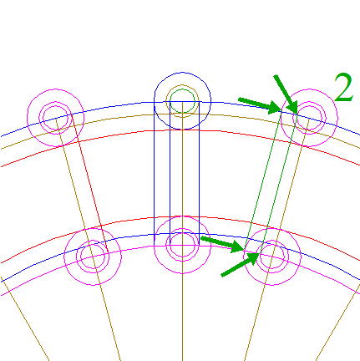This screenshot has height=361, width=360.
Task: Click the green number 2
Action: pos(343,87)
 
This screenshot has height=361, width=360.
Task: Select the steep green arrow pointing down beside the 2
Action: pos(286,94)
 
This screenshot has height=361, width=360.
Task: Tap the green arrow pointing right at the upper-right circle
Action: pos(260,106)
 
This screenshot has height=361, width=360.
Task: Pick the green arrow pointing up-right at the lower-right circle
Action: pos(241,264)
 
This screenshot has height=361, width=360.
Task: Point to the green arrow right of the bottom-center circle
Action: pos(223,244)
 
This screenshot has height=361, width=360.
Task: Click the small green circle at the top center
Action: pos(182,101)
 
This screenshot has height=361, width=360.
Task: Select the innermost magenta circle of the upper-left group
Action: pos(56,118)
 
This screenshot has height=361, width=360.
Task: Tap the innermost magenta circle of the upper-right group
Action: pos(309,118)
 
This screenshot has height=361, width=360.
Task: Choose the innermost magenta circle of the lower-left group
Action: pos(93,257)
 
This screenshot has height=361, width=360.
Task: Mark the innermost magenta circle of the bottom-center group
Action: pos(182,245)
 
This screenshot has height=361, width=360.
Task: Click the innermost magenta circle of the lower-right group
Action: pos(272,257)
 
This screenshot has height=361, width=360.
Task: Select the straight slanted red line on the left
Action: pos(89,184)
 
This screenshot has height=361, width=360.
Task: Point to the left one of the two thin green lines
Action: pos(263,180)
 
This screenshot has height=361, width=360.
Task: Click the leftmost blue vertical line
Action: pos(155,173)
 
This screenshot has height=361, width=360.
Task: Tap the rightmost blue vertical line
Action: pos(200,173)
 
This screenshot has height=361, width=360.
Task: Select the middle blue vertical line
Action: pos(170,173)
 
